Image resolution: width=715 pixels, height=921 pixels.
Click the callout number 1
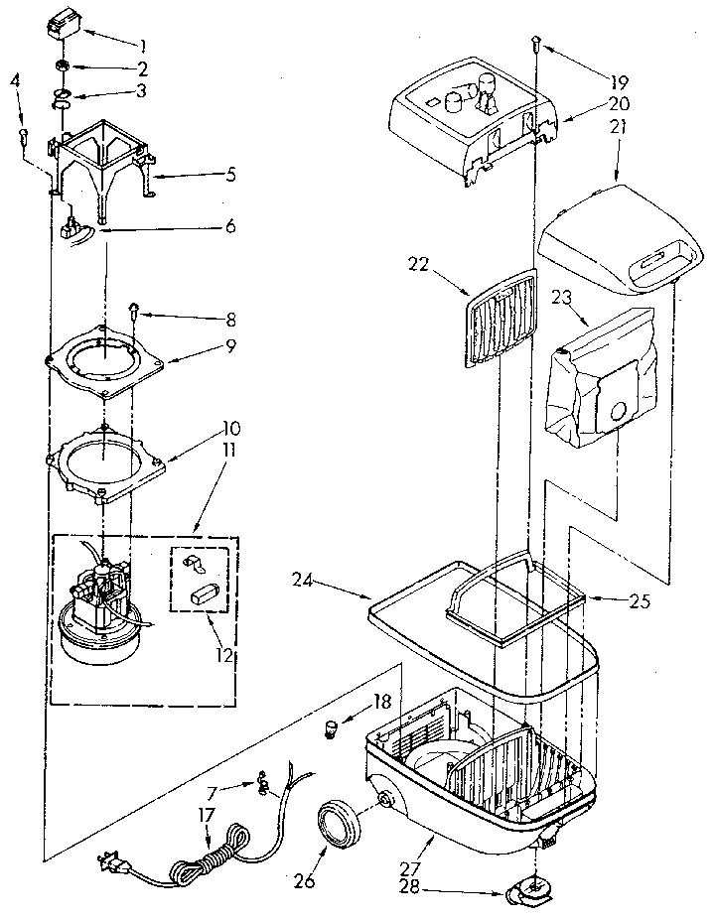click(143, 46)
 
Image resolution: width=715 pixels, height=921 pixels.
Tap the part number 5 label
click(231, 174)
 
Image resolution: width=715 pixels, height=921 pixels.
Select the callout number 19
click(619, 82)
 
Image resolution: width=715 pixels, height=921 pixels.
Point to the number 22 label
click(418, 264)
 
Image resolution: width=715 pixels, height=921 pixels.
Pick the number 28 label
click(409, 887)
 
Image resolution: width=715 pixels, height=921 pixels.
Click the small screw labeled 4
click(24, 136)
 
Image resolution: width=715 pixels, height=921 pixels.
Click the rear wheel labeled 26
click(339, 823)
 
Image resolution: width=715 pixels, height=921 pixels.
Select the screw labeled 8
click(134, 310)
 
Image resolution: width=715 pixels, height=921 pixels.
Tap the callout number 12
click(224, 654)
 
